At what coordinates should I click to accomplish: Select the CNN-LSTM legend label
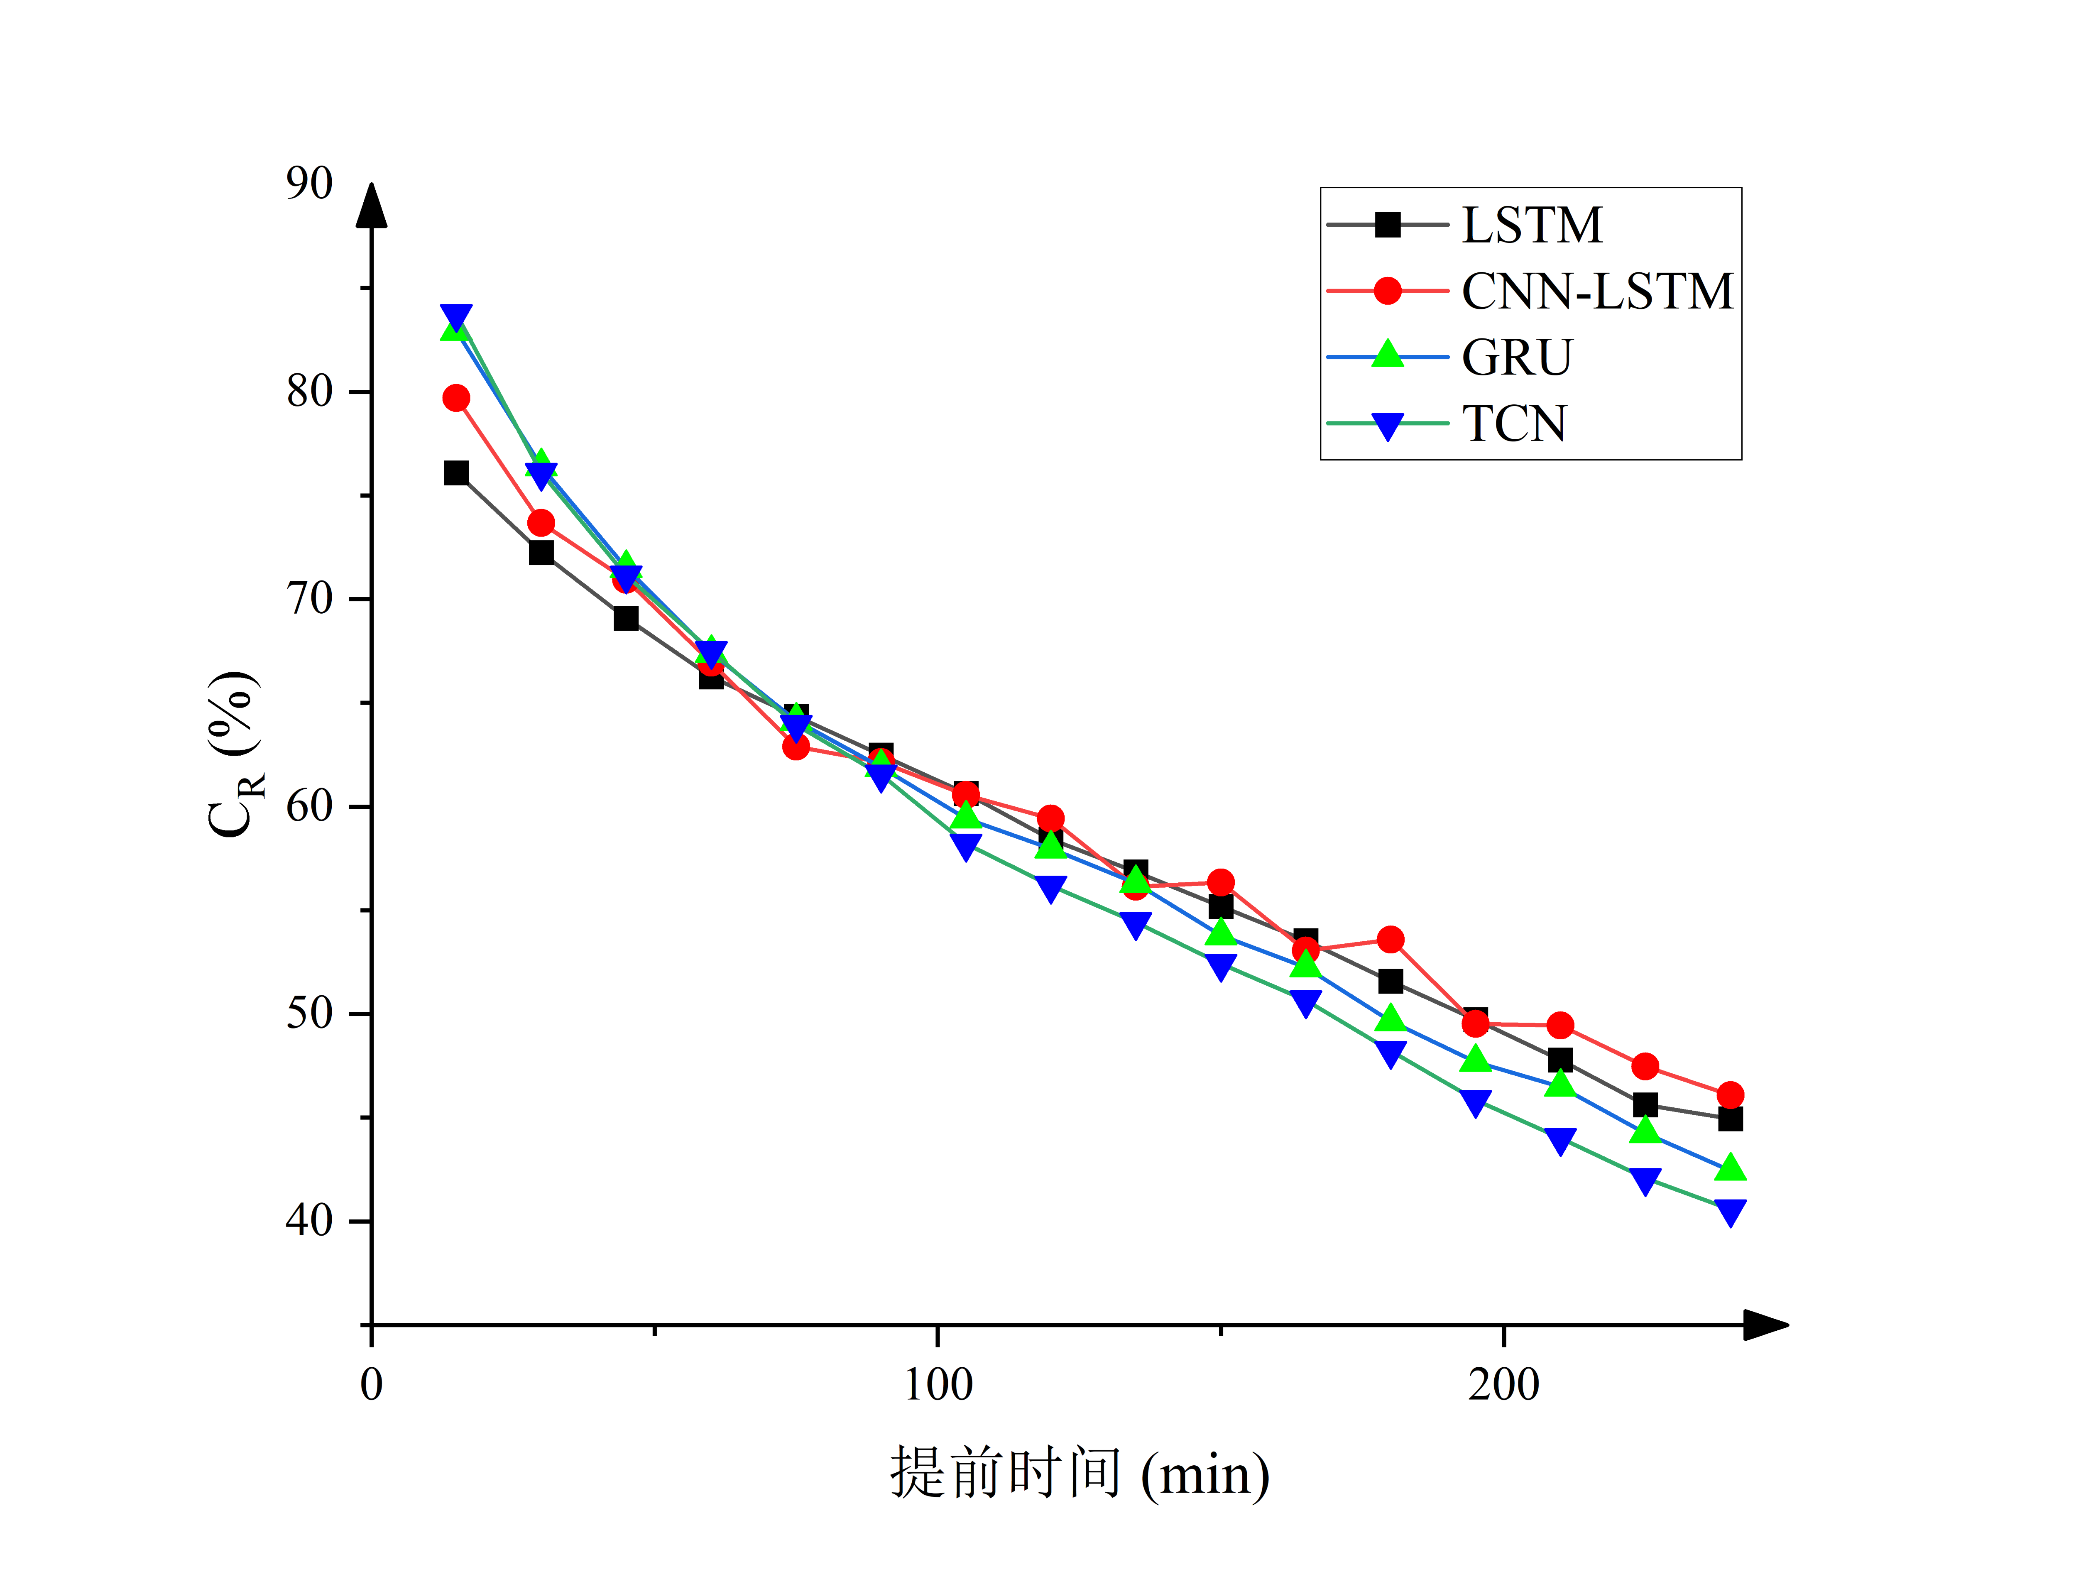coord(1596,291)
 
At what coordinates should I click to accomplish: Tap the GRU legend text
coord(1516,357)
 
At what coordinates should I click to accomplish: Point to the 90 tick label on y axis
coord(309,184)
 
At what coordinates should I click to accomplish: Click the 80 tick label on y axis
coord(309,392)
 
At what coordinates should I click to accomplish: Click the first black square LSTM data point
coord(456,473)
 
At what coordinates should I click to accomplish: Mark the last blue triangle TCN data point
coord(1730,1212)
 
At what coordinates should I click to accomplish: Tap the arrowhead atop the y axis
coord(372,206)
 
